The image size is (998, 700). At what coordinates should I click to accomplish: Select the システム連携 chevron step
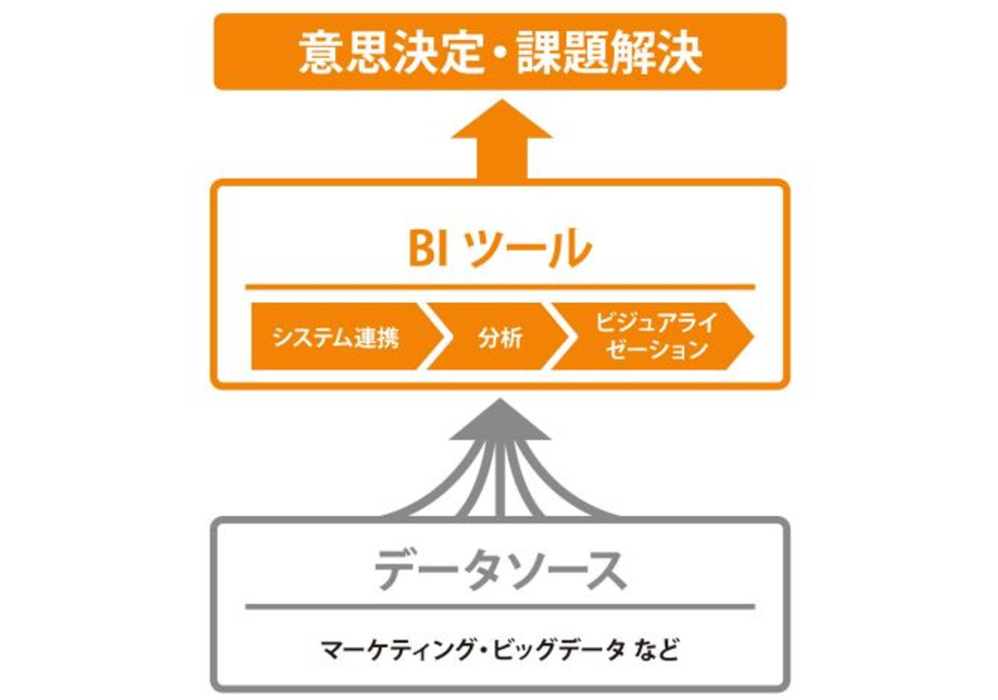point(336,337)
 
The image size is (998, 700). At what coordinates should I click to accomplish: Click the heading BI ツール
point(500,248)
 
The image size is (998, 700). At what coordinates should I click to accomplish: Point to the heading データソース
point(500,570)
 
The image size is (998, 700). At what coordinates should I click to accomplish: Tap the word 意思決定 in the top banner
point(391,53)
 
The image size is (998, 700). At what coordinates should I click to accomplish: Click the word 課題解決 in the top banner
point(609,53)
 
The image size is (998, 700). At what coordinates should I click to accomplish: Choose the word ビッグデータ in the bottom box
point(558,650)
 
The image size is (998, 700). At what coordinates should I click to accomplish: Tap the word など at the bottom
point(656,650)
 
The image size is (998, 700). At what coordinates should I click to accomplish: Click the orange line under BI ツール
point(500,286)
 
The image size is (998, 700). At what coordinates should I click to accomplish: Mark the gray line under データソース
point(500,607)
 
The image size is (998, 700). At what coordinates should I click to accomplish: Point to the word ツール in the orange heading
point(529,248)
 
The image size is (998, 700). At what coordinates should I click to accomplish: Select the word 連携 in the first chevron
point(376,337)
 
